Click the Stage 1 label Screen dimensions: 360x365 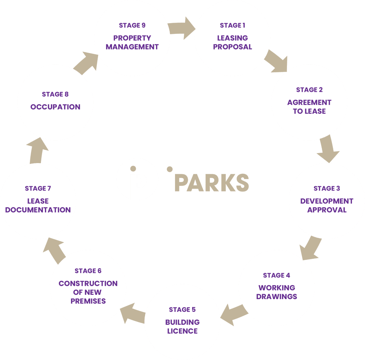click(x=232, y=25)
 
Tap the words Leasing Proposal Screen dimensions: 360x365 click(x=232, y=42)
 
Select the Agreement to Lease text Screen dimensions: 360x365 click(x=309, y=107)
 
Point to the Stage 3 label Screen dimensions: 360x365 click(x=327, y=188)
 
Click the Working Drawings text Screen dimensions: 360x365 click(x=277, y=292)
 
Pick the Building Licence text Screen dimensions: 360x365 click(x=182, y=327)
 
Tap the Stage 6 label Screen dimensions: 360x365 click(x=88, y=271)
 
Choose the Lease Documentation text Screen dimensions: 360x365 click(x=38, y=205)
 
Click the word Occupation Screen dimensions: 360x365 click(x=55, y=107)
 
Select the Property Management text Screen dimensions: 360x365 click(x=132, y=42)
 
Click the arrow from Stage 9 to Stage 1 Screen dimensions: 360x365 click(x=181, y=29)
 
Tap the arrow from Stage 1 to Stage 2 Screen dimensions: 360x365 click(x=276, y=60)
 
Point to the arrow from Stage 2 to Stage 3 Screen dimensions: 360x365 click(x=327, y=149)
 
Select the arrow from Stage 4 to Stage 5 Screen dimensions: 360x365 click(x=233, y=313)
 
